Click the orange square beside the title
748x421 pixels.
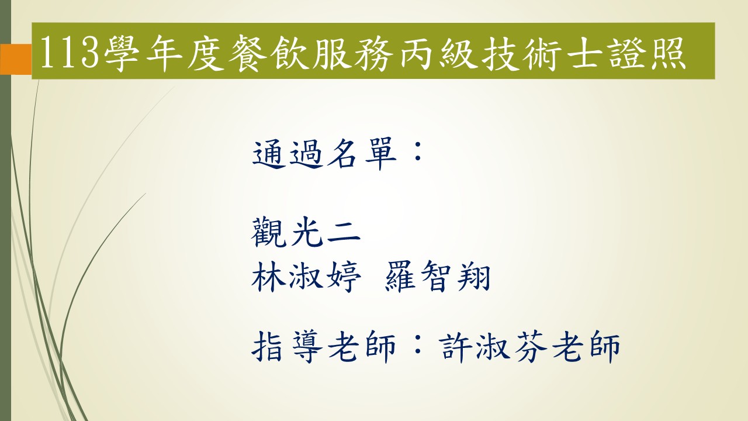click(x=16, y=59)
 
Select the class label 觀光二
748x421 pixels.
click(x=306, y=232)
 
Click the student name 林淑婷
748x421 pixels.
click(x=306, y=277)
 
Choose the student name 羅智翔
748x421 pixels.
click(x=437, y=277)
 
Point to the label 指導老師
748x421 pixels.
click(x=324, y=347)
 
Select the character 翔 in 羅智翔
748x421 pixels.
click(x=473, y=277)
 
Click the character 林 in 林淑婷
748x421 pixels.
click(x=268, y=277)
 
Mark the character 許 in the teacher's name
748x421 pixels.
click(x=458, y=347)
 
